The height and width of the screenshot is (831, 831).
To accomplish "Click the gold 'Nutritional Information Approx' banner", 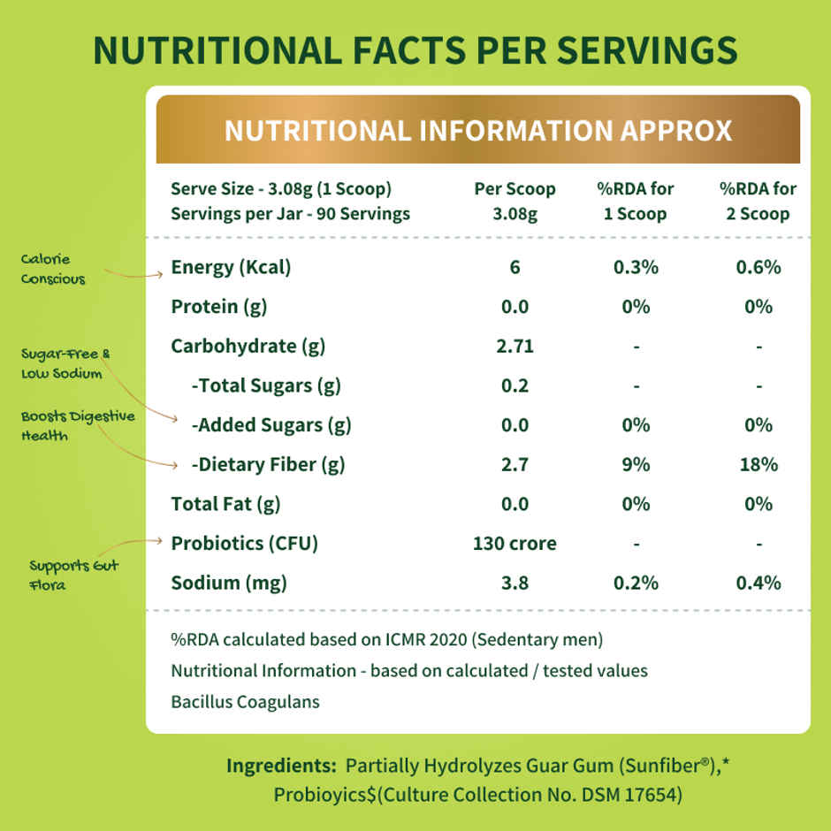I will point(477,130).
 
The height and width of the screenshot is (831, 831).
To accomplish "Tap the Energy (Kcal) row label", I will point(231,267).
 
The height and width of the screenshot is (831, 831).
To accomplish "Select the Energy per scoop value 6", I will point(515,267).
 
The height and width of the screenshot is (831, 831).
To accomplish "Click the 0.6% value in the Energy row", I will point(759,267).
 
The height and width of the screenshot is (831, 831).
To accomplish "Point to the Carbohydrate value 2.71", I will point(515,346).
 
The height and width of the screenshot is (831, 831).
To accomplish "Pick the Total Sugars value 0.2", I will point(515,385).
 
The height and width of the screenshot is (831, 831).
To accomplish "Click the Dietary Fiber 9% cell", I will point(636,464).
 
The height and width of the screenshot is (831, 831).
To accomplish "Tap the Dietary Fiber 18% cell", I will point(759,464).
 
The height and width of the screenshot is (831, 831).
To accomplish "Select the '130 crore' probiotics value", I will point(515,543).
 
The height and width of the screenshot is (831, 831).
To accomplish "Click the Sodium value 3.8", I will point(515,583).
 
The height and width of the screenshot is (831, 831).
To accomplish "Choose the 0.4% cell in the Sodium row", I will point(759,583).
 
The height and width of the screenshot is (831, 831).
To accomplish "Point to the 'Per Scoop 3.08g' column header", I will point(515,202).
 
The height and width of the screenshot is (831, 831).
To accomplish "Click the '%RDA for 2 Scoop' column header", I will point(759,202).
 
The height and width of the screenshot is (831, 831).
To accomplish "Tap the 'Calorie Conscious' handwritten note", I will point(54,269).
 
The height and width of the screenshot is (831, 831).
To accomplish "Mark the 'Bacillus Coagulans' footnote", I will point(246,703).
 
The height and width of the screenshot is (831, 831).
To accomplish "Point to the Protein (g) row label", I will point(219,307).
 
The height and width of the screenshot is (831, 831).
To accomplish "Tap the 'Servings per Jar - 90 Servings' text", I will point(290,214).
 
